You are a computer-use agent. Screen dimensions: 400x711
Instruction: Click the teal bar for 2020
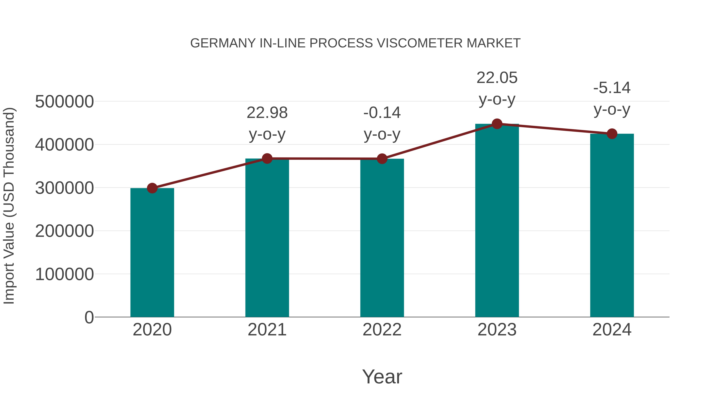point(152,253)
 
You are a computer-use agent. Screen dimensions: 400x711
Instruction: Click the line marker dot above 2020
point(152,188)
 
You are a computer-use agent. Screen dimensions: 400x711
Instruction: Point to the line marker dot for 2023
point(497,124)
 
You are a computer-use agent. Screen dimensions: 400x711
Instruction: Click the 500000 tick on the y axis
point(64,102)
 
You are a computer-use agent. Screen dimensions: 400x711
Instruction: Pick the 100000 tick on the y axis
point(64,274)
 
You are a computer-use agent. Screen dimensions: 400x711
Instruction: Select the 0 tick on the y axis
point(89,317)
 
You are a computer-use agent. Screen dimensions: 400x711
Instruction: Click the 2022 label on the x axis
point(382,330)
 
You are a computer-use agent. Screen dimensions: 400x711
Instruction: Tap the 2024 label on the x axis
point(612,330)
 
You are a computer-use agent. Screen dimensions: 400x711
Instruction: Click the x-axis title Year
point(382,376)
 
